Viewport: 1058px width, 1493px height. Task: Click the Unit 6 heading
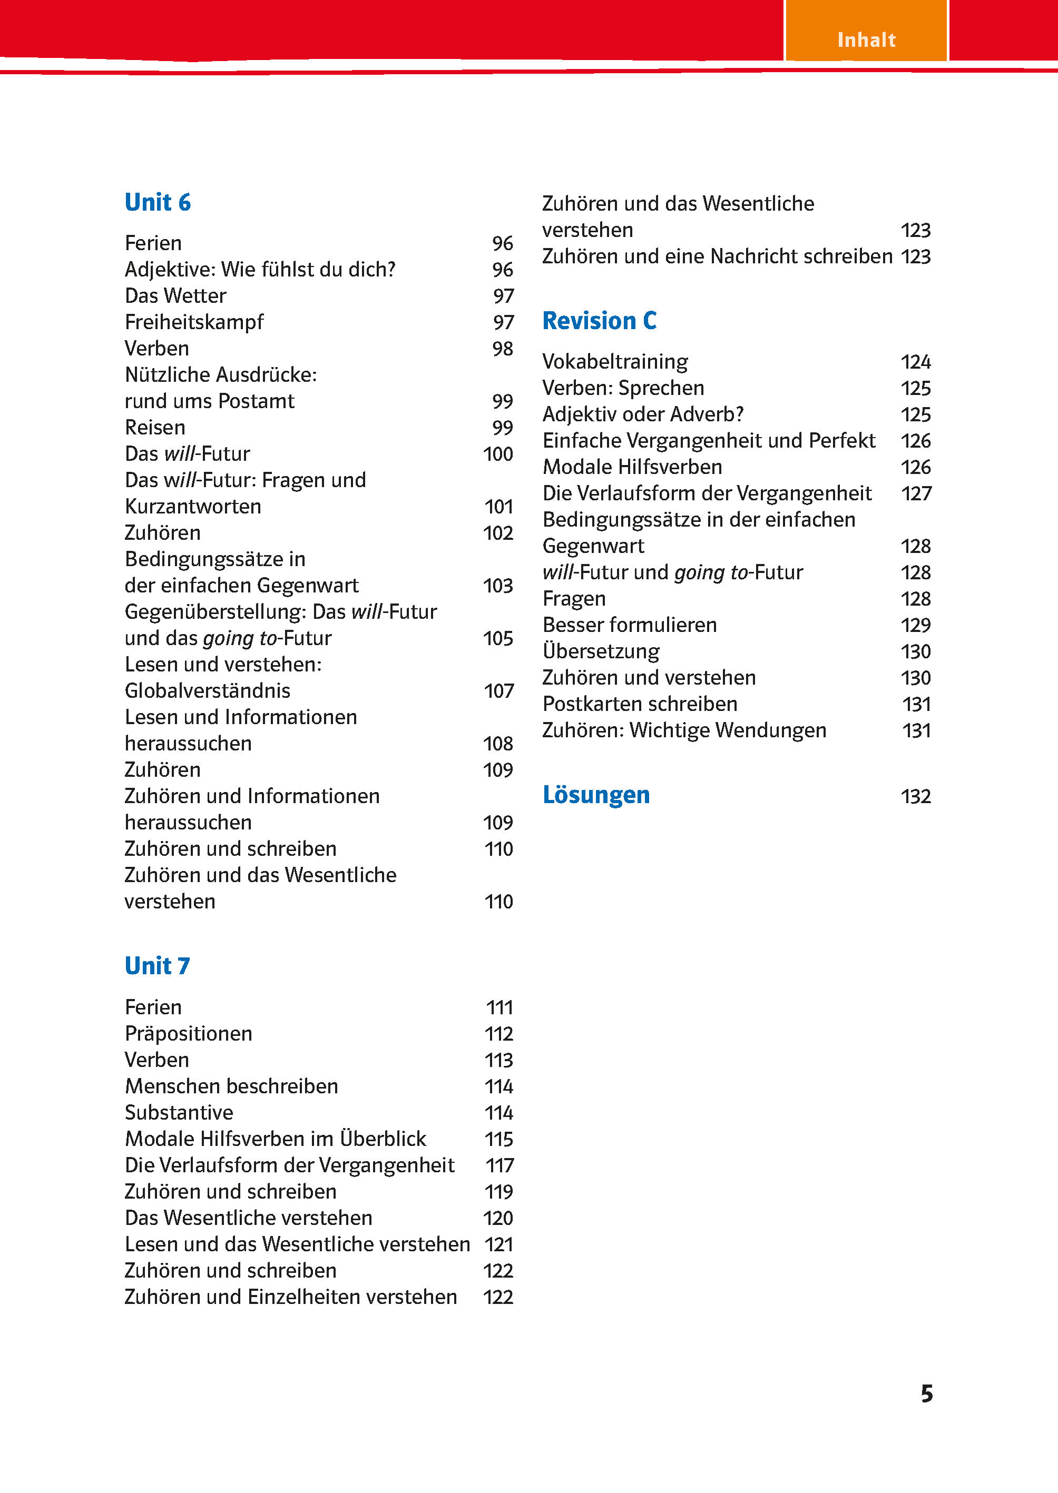[158, 203]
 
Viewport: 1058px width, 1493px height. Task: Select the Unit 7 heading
[158, 966]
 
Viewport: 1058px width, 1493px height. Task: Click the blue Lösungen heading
[595, 795]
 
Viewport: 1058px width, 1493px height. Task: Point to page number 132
[915, 796]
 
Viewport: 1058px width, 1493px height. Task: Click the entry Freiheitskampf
[194, 322]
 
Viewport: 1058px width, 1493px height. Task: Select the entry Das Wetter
[175, 295]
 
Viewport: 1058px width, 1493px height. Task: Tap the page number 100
[498, 454]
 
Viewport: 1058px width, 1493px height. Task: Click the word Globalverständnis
[207, 690]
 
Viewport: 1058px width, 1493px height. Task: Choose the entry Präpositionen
[188, 1033]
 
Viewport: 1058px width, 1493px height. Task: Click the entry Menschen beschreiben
[231, 1086]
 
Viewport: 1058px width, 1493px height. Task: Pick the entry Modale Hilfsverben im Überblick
[276, 1139]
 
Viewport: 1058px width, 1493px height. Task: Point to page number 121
[499, 1244]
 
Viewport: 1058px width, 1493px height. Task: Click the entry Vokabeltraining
[615, 361]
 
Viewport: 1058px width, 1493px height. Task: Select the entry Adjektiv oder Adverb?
[643, 414]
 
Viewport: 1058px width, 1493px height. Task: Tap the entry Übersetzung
[601, 651]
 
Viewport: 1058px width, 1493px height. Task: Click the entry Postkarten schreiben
[640, 704]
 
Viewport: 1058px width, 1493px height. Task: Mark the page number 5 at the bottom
[926, 1393]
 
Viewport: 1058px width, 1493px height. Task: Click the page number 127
[916, 493]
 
